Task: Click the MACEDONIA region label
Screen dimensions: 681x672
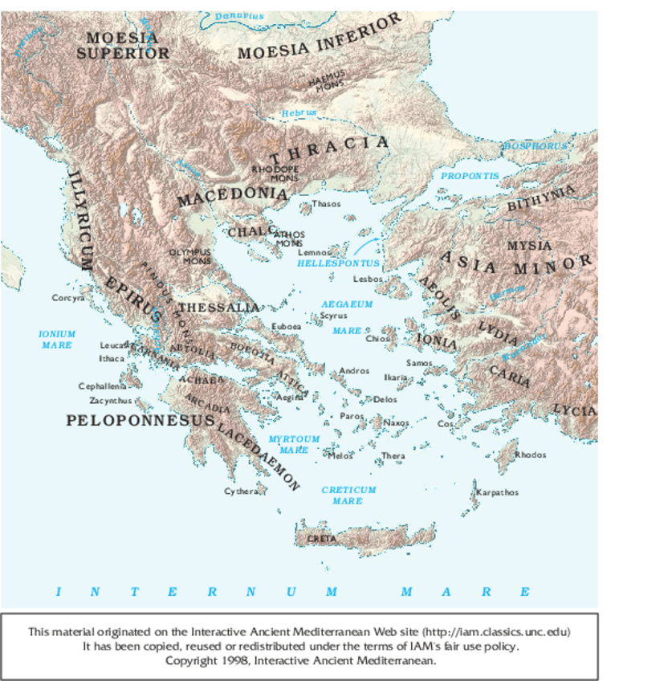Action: click(x=231, y=195)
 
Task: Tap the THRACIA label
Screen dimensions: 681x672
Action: click(x=329, y=149)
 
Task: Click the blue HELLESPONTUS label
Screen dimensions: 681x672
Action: click(x=338, y=263)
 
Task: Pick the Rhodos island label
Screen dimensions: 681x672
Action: click(x=530, y=455)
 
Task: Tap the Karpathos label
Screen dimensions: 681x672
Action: click(x=498, y=492)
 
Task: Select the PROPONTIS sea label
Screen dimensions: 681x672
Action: click(x=470, y=175)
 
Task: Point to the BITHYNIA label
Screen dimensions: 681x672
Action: click(x=541, y=198)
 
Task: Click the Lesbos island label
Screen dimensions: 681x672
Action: click(x=369, y=279)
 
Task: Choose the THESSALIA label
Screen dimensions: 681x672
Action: click(x=218, y=308)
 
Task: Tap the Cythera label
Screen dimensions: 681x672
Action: click(x=240, y=491)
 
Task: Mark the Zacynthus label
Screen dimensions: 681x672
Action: click(x=110, y=400)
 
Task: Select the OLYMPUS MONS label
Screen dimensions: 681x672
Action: click(x=189, y=256)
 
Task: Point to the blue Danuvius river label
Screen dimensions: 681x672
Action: click(x=239, y=16)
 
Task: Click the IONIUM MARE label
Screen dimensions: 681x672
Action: click(x=57, y=339)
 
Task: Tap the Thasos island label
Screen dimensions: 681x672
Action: click(x=326, y=204)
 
